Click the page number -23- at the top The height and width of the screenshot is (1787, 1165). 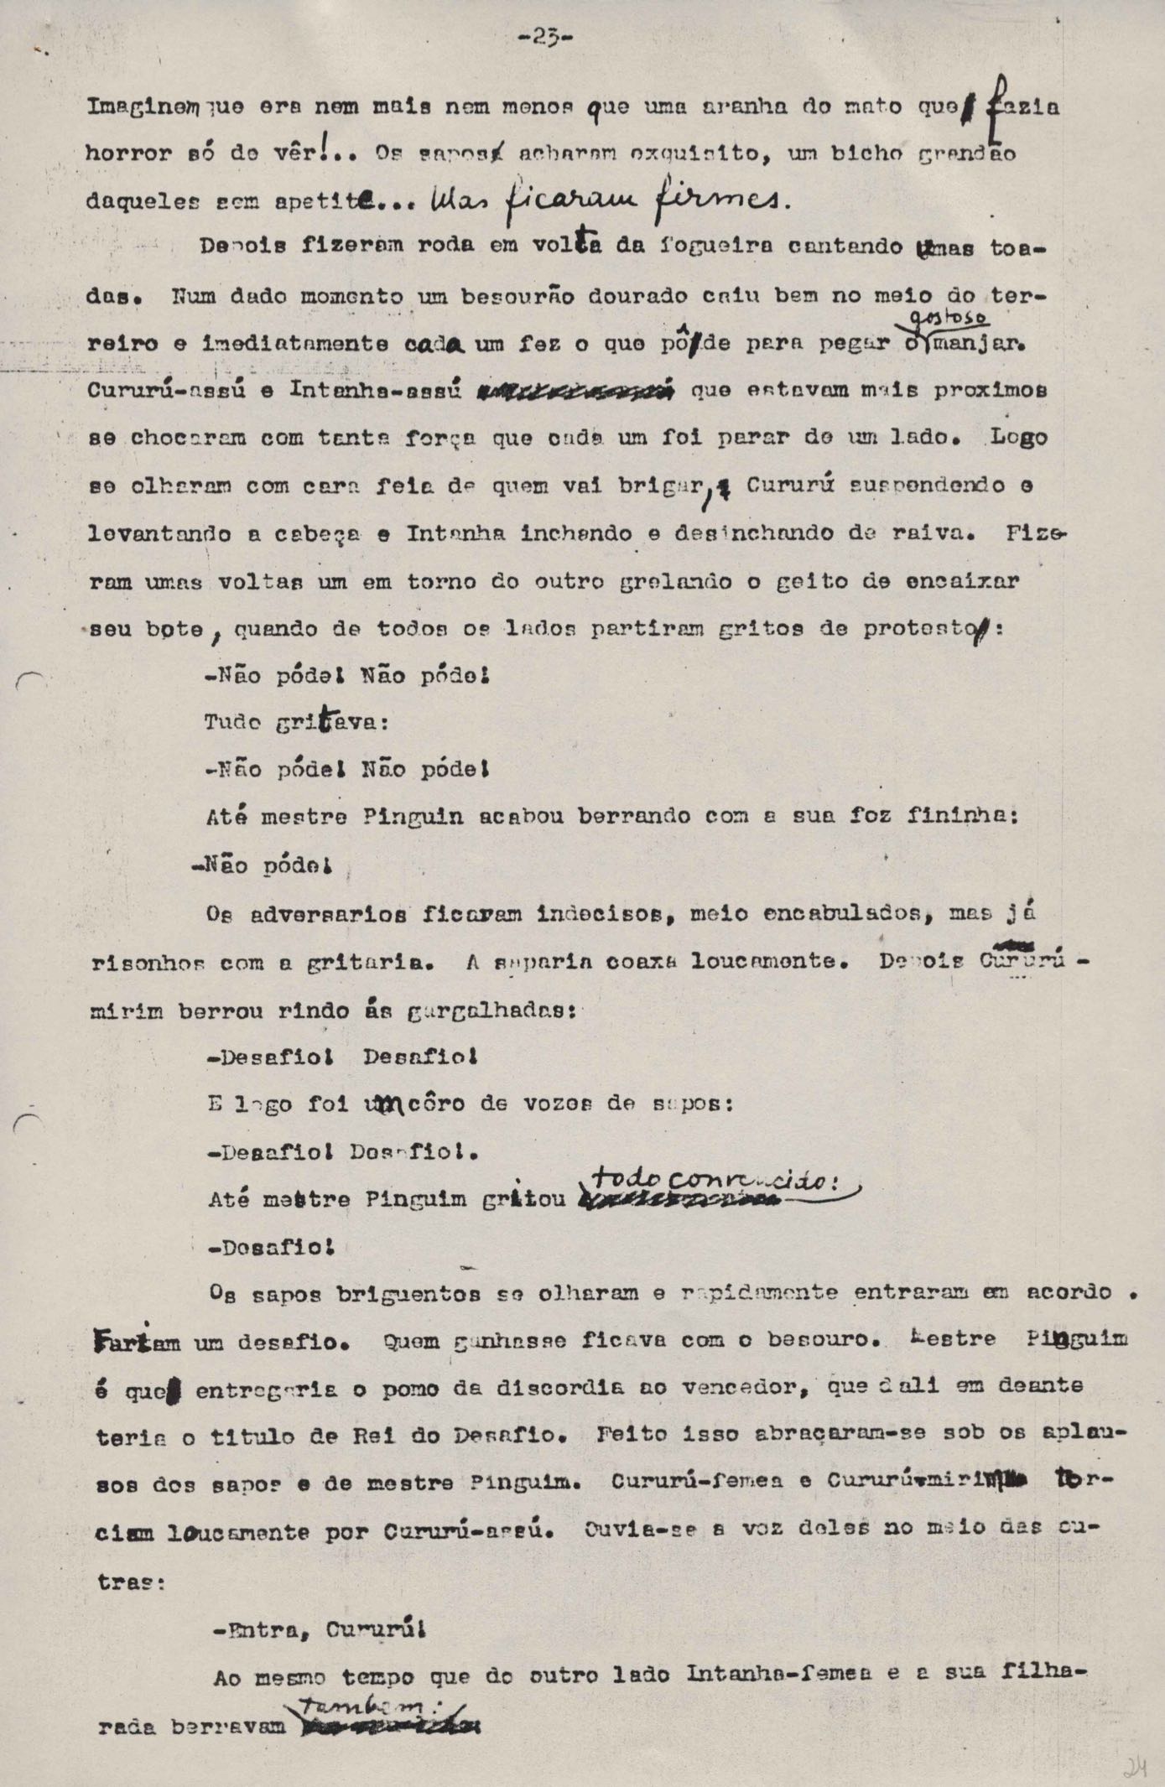545,38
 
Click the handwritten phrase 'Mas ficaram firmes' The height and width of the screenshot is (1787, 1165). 608,199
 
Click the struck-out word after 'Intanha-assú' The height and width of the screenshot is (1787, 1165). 575,391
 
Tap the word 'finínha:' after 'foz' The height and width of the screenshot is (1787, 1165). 964,816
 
